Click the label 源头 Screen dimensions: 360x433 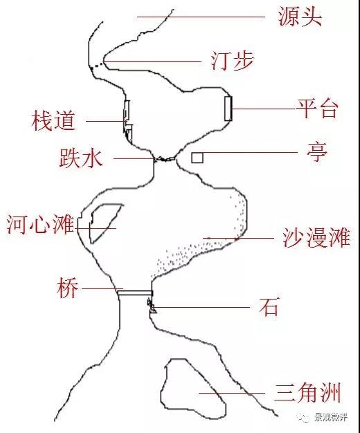[300, 17]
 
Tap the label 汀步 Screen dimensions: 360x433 [232, 61]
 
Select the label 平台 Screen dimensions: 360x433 [317, 108]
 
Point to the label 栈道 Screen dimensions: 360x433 [53, 120]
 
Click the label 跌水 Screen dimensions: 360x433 [81, 158]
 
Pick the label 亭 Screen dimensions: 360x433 [317, 152]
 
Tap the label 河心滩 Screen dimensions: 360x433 [41, 224]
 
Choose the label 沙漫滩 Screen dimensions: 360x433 [316, 237]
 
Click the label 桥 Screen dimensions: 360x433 [68, 288]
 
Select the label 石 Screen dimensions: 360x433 [269, 306]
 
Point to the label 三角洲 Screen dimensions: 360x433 [307, 392]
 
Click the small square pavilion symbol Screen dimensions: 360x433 [197, 158]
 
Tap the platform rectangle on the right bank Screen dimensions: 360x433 [228, 108]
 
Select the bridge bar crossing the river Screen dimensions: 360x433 [135, 293]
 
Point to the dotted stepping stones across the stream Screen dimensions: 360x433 [98, 65]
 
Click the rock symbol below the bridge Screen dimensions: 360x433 [152, 306]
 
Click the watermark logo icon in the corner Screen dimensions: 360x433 [303, 417]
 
